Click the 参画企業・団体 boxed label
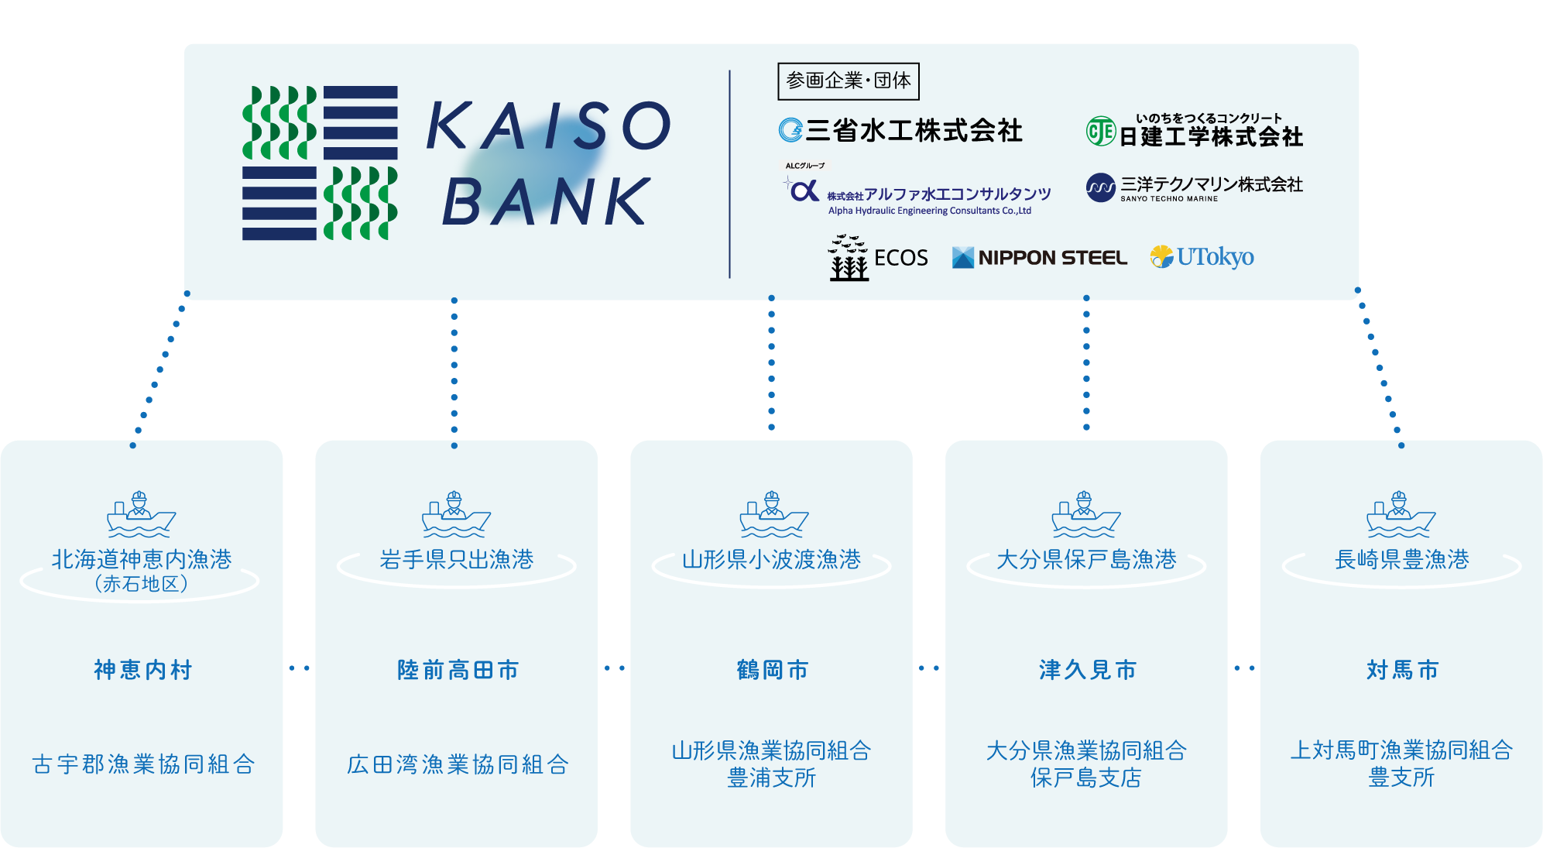(x=848, y=81)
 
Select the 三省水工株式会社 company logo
(x=900, y=130)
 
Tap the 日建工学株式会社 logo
(x=1195, y=132)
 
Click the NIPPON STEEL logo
(x=1039, y=258)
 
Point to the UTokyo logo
(x=1202, y=256)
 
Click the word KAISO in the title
(x=548, y=125)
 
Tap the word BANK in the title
(x=547, y=201)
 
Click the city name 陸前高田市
(x=458, y=670)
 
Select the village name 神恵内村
(x=142, y=670)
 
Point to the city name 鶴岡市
(x=772, y=670)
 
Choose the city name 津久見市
(x=1087, y=670)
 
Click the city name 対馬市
(x=1402, y=670)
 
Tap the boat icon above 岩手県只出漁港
(x=456, y=514)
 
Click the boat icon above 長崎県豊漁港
(x=1401, y=514)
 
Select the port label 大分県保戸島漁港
(x=1086, y=559)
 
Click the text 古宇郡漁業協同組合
(x=143, y=764)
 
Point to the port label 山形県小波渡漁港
(x=771, y=559)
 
